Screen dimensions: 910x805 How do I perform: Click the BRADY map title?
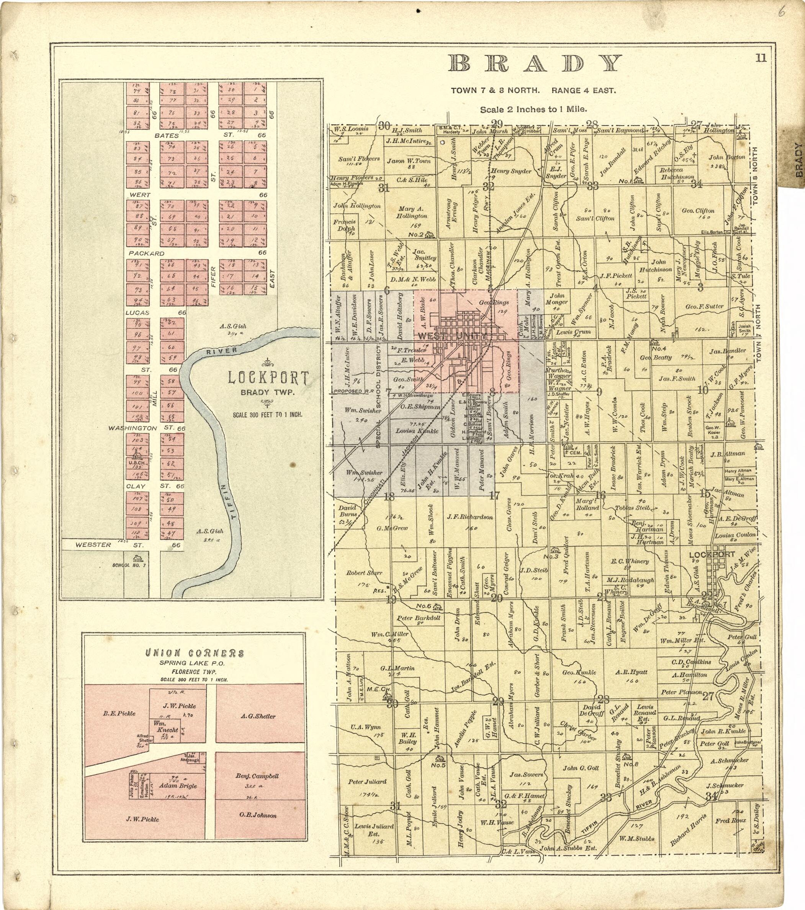[535, 64]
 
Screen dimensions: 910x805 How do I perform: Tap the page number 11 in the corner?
[761, 57]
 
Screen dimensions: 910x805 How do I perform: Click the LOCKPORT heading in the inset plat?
[268, 378]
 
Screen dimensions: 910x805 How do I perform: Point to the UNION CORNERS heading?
[195, 654]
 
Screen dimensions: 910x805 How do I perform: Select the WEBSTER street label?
[93, 544]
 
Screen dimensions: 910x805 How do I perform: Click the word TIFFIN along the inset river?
[227, 503]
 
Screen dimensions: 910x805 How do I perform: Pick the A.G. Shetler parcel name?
[258, 716]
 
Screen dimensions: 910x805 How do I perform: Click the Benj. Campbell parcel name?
[257, 776]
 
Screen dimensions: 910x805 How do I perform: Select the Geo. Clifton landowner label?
[698, 211]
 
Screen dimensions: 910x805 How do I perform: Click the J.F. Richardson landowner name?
[470, 517]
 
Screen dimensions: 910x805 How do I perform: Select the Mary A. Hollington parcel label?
[411, 212]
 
